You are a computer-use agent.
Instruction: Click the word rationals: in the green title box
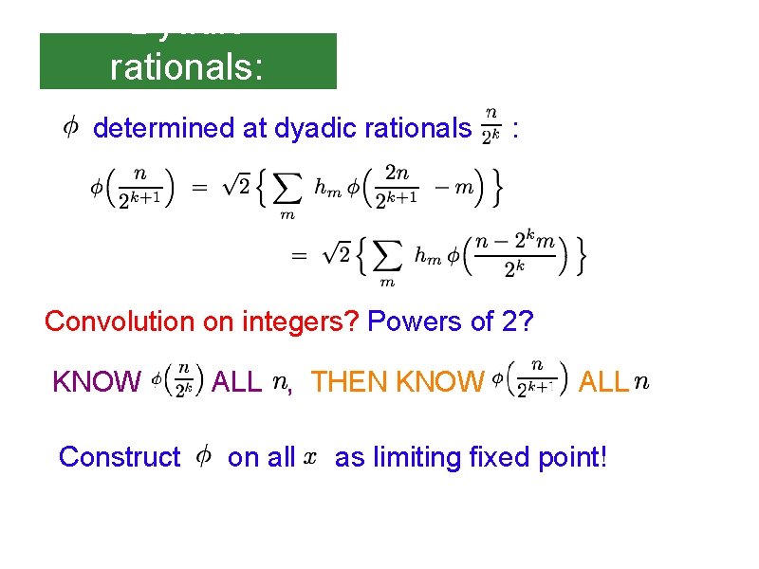click(x=187, y=67)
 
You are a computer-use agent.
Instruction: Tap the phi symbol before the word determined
click(x=70, y=126)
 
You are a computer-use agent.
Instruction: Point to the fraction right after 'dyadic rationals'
click(x=490, y=127)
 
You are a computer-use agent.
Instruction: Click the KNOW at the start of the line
click(x=96, y=382)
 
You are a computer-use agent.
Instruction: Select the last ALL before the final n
click(x=602, y=382)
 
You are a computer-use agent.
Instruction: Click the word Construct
click(x=119, y=458)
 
